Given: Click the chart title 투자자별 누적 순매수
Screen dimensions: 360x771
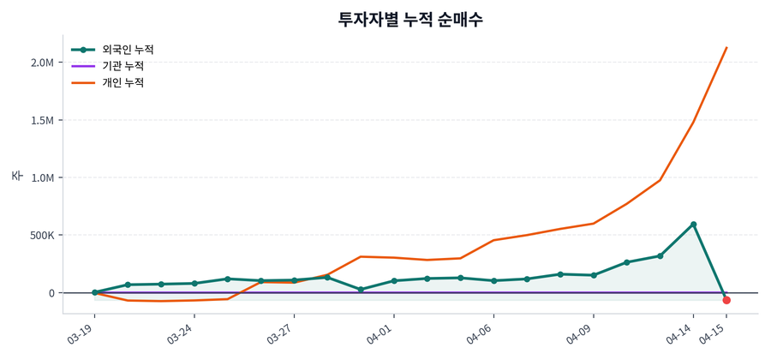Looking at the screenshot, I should [x=410, y=20].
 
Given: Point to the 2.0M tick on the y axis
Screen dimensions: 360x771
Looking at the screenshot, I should [x=42, y=63].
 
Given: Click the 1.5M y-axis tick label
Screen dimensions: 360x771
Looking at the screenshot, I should [x=42, y=120].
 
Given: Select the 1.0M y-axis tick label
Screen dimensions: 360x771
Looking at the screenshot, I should [x=42, y=177].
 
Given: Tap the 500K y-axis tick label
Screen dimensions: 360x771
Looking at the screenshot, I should [x=40, y=235].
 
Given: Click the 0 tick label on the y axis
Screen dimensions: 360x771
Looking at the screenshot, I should [x=51, y=293].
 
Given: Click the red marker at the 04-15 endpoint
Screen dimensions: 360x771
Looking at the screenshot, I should [x=726, y=300].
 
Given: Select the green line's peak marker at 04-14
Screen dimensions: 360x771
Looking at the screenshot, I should [x=693, y=225].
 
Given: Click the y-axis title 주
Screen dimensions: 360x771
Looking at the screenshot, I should [x=17, y=176].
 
